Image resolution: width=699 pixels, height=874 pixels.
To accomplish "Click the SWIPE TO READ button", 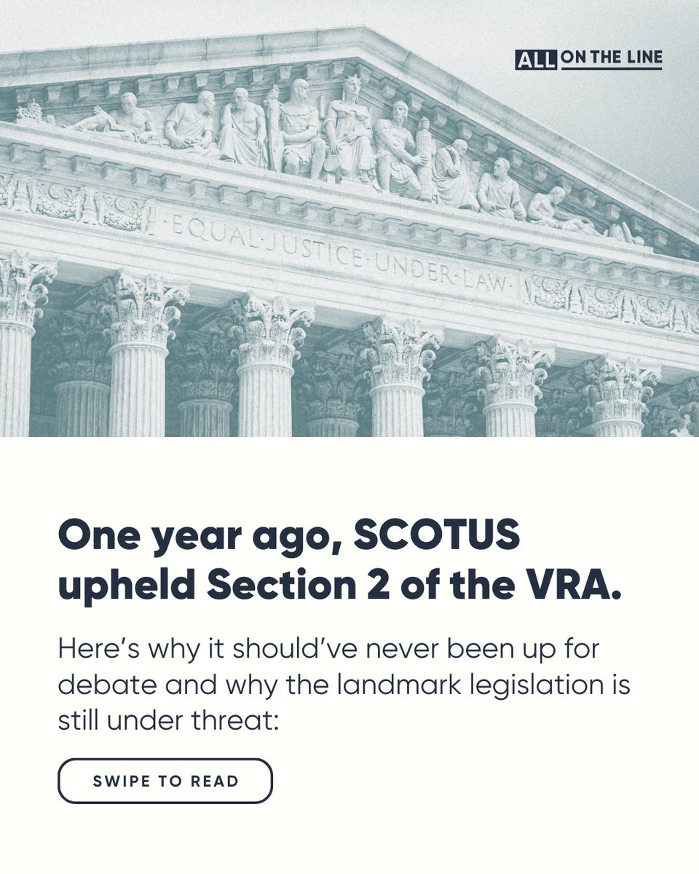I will point(165,782).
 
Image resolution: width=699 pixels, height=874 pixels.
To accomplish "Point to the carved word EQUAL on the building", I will point(196,230).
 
